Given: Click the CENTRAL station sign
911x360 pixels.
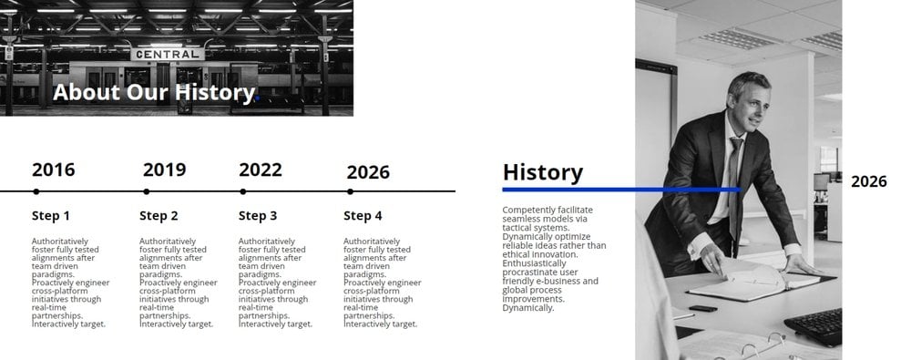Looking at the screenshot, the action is [x=168, y=54].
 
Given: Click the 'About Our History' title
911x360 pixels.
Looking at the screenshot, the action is [x=154, y=92].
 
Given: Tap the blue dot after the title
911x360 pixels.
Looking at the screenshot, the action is [x=257, y=98].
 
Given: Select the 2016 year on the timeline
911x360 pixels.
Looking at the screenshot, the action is [x=54, y=170].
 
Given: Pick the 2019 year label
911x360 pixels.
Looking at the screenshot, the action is [x=164, y=170].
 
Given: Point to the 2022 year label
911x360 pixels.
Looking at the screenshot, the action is [x=261, y=170].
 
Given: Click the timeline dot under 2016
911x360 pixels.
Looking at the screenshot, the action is [x=36, y=191].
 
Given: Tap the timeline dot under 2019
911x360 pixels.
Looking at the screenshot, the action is [x=147, y=191].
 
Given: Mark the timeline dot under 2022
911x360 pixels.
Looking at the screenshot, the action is [x=243, y=191].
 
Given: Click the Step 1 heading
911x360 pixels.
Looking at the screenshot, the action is [x=50, y=216].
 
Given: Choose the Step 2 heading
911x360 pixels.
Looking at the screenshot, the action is [x=159, y=216].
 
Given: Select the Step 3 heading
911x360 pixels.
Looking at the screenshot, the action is [x=258, y=216].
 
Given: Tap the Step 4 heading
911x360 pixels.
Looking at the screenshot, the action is [x=363, y=216].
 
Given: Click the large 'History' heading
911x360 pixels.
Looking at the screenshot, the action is [x=543, y=173].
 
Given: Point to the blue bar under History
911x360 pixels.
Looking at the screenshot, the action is [x=621, y=190].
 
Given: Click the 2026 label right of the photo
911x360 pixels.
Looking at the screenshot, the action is [x=869, y=181].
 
